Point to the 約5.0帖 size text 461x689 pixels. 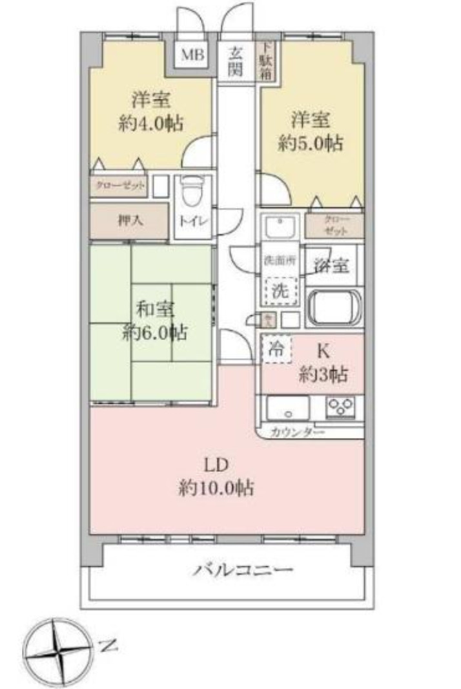(x=310, y=142)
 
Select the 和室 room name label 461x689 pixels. (x=155, y=310)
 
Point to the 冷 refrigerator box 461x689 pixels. (x=276, y=350)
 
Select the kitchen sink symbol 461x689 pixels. (x=288, y=408)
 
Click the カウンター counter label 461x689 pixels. (x=298, y=432)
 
